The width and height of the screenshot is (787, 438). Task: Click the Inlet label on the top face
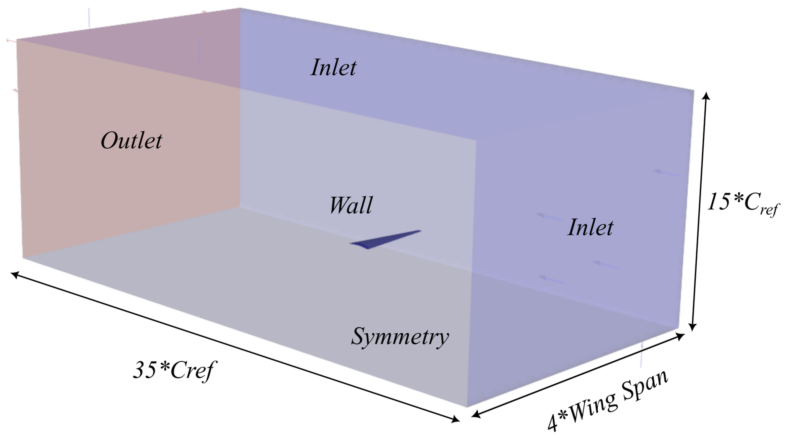333,68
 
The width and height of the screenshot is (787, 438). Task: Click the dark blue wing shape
382,240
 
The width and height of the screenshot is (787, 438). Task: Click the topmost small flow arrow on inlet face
666,173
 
